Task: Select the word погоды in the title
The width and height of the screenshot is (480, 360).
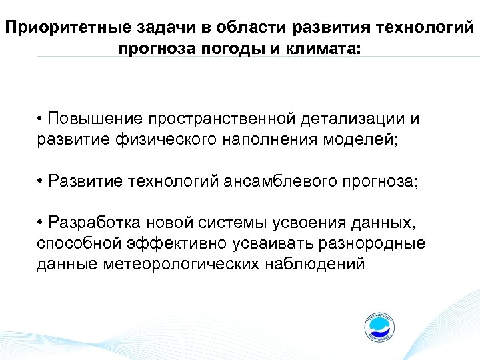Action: (x=210, y=49)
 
